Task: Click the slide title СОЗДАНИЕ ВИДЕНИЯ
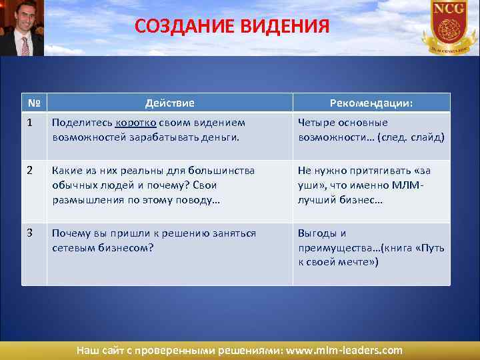[x=231, y=26]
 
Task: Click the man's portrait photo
[x=21, y=28]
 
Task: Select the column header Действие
[x=170, y=103]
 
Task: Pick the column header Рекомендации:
[x=371, y=103]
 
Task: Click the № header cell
[x=33, y=103]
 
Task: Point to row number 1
[x=30, y=123]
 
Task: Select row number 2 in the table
[x=30, y=171]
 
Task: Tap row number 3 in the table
[x=30, y=233]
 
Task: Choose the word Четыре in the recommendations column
[x=316, y=123]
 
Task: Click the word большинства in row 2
[x=221, y=171]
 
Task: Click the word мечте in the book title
[x=357, y=262]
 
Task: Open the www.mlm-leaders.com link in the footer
[x=344, y=350]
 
